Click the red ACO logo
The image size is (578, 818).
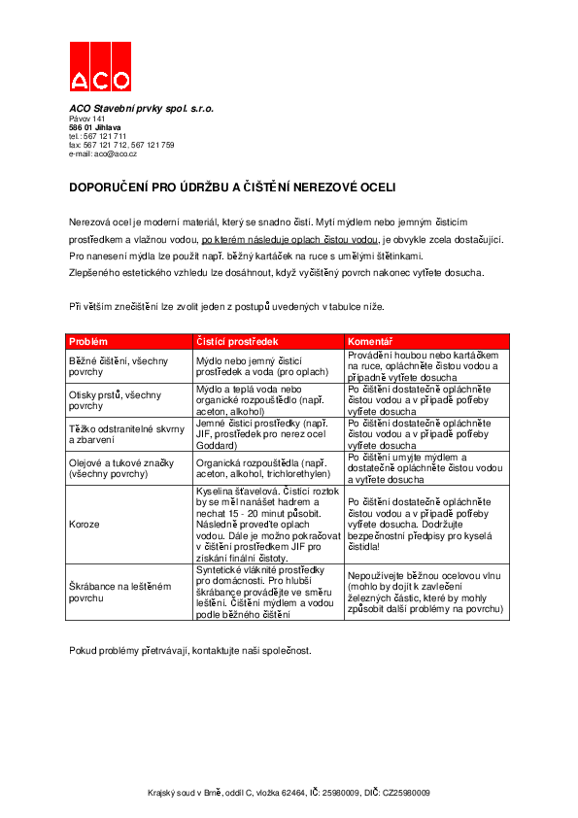click(x=100, y=68)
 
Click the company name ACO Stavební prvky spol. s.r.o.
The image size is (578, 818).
click(x=141, y=109)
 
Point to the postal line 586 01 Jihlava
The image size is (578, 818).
click(x=95, y=127)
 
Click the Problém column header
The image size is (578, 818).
click(x=88, y=342)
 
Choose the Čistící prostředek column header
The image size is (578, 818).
click(x=238, y=342)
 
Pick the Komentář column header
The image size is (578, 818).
click(x=370, y=342)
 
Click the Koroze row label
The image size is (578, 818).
click(x=85, y=523)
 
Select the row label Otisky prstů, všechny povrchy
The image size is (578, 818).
click(x=115, y=401)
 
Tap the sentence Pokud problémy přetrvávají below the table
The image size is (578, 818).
click(x=190, y=649)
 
